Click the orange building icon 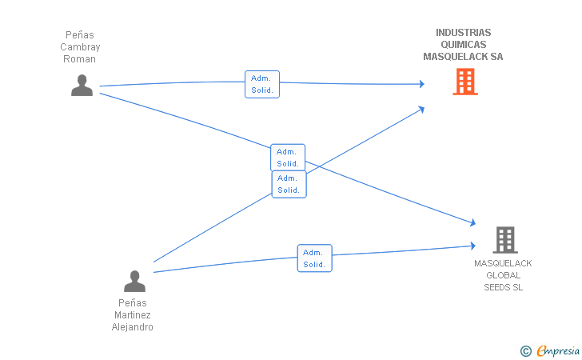[x=465, y=82]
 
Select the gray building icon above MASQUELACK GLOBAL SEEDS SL [x=505, y=240]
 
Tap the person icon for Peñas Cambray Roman [x=82, y=86]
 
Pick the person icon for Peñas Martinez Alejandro [x=134, y=281]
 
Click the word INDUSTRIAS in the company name [x=463, y=33]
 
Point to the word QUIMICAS [x=463, y=45]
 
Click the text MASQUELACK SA [x=463, y=57]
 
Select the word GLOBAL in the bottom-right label [x=504, y=275]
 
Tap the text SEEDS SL [x=504, y=287]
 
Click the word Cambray [x=80, y=47]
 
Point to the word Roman [x=79, y=59]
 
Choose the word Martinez [x=133, y=315]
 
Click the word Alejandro [x=133, y=327]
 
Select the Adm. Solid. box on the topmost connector [x=262, y=84]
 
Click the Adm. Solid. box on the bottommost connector [x=315, y=258]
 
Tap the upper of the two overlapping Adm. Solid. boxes [x=288, y=157]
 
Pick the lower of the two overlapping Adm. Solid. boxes [x=289, y=184]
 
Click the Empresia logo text [x=558, y=350]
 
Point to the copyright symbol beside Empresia [x=525, y=351]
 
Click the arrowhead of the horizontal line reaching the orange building [x=422, y=84]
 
